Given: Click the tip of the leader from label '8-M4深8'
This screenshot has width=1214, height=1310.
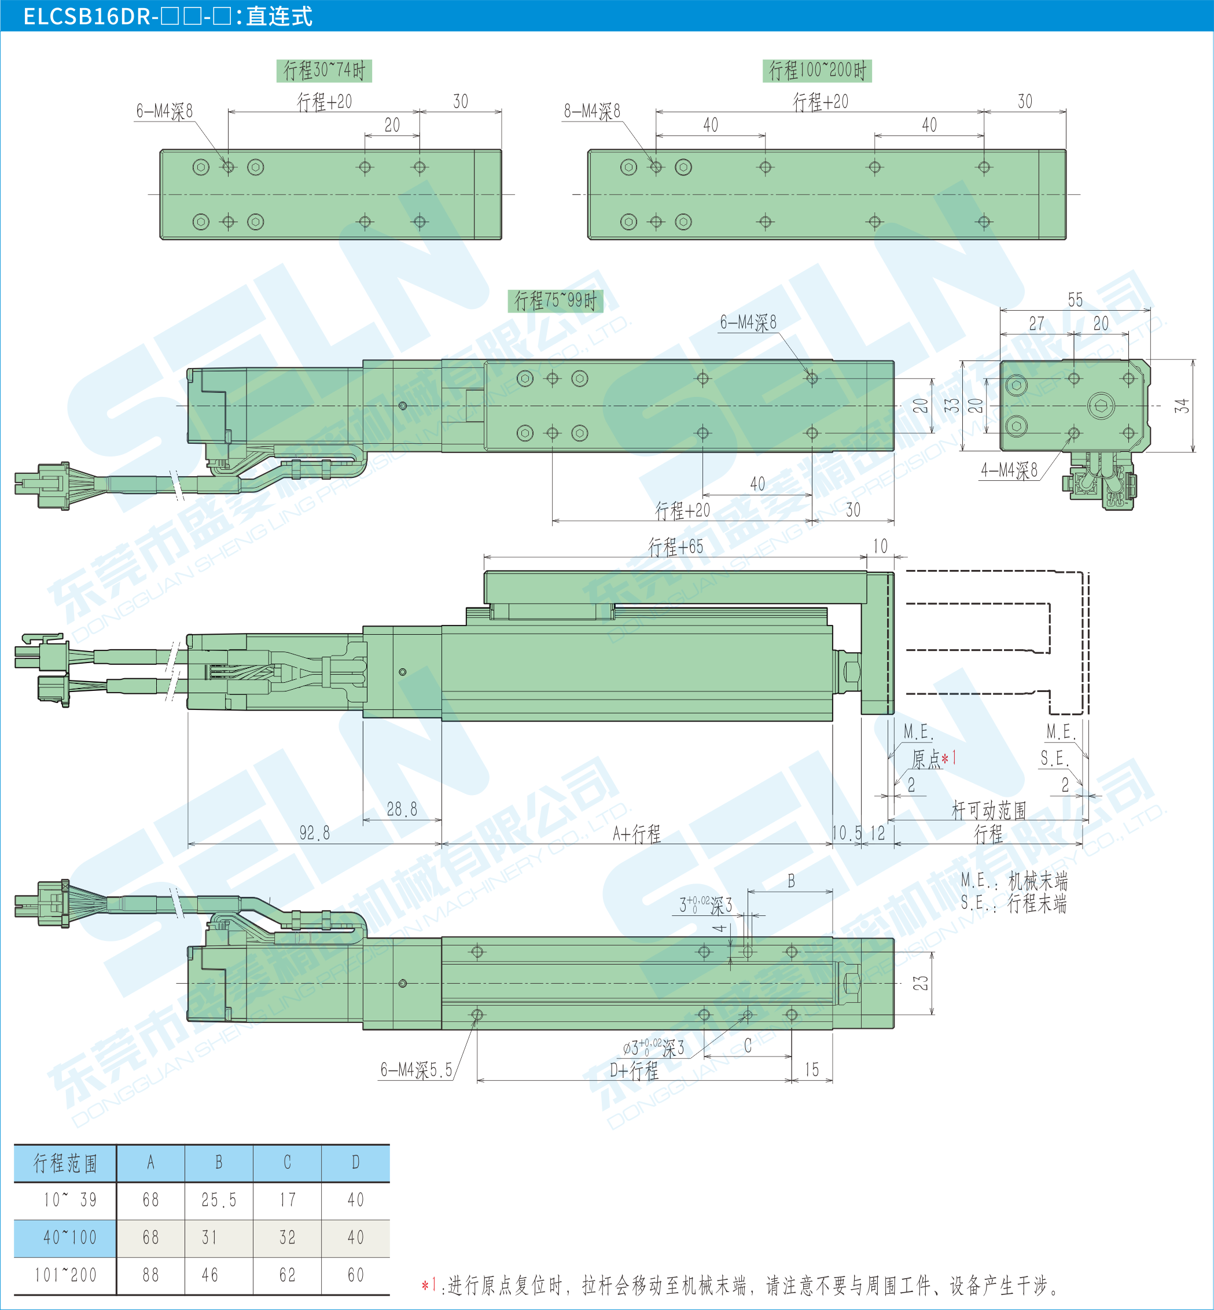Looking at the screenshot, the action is [656, 167].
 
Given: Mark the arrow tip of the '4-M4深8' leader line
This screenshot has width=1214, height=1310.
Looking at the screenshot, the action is [1073, 433].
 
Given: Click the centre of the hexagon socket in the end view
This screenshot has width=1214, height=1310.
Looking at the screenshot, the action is [1101, 406].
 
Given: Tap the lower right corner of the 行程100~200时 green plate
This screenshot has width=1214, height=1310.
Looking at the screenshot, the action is [1065, 239].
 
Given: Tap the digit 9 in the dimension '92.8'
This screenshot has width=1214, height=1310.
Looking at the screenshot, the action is [303, 833].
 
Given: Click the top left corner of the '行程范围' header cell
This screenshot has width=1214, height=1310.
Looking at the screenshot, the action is [14, 1145].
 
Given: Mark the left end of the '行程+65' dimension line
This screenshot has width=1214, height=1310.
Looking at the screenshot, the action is [484, 558].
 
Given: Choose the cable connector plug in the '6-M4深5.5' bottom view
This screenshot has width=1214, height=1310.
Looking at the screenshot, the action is [43, 903].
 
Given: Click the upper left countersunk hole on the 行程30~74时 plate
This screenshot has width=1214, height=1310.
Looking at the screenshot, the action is [201, 167].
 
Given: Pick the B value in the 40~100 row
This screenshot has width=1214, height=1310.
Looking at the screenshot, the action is [209, 1238].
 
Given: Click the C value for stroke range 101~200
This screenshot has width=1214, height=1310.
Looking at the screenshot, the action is [287, 1275].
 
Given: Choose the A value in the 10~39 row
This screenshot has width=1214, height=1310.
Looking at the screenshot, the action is [150, 1200].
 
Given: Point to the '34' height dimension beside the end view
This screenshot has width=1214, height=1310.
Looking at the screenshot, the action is [1182, 406].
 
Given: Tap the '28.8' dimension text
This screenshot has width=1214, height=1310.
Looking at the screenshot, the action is [402, 809].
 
